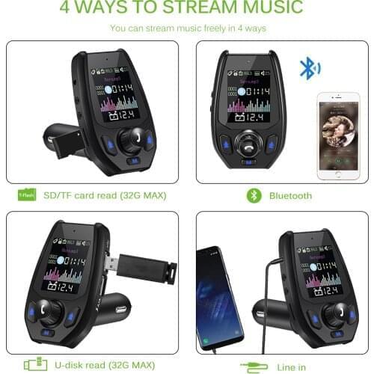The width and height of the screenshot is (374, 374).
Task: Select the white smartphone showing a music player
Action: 337,135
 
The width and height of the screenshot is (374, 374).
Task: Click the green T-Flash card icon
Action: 27,195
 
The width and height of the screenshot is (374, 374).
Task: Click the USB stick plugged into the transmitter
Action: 143,268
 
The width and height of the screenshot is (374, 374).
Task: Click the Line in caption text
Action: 292,366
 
